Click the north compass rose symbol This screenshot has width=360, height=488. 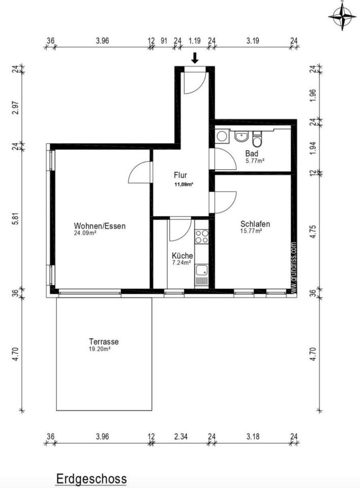342,16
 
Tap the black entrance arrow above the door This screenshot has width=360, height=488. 195,58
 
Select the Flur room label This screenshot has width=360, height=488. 181,175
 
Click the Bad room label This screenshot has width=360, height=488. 252,154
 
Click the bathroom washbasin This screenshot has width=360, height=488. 241,136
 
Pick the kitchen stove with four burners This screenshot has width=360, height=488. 201,236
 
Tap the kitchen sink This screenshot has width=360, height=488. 201,270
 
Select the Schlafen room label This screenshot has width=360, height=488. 255,224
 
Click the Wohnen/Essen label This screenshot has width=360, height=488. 100,226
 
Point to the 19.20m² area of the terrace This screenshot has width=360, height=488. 100,349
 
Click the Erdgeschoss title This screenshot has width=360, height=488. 91,479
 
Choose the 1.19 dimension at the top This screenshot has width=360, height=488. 194,41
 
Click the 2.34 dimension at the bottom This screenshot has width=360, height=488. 181,437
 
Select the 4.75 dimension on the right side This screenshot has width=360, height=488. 313,231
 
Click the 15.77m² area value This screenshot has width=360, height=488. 251,231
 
